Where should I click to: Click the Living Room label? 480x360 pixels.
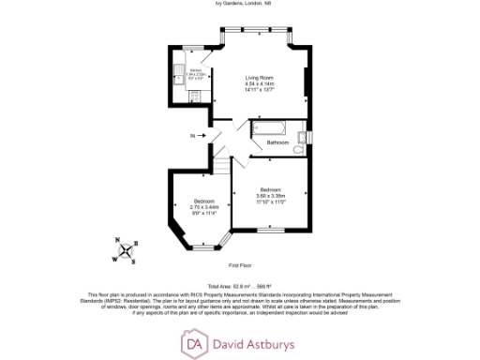[x=258, y=78]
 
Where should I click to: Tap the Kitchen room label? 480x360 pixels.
[x=196, y=70]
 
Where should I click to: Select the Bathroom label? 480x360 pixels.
[x=277, y=142]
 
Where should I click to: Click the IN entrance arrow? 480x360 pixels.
[x=199, y=136]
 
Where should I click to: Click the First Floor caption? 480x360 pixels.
[x=240, y=265]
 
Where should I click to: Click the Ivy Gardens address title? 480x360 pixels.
[x=240, y=5]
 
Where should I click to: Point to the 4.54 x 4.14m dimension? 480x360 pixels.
[x=258, y=84]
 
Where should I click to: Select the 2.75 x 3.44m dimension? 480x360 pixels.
[x=203, y=207]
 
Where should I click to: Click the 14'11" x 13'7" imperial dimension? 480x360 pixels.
[x=258, y=90]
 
